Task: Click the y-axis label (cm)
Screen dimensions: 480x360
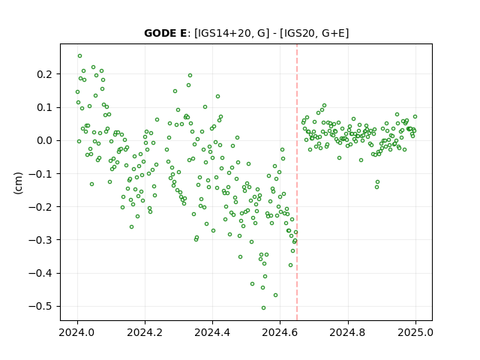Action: pos(18,182)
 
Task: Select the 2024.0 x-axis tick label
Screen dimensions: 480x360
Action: pos(77,332)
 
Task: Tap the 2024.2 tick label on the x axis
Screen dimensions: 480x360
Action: pos(145,332)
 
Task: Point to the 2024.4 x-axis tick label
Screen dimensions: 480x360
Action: pos(212,332)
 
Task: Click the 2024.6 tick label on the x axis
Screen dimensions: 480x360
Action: pos(280,332)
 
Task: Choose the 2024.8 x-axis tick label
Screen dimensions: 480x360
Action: pos(348,332)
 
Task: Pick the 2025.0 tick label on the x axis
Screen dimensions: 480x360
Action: pos(415,332)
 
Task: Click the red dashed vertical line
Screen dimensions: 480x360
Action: pos(297,182)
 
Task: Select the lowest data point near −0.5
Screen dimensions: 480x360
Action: pos(263,308)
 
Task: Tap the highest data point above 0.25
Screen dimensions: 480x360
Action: pos(80,56)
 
